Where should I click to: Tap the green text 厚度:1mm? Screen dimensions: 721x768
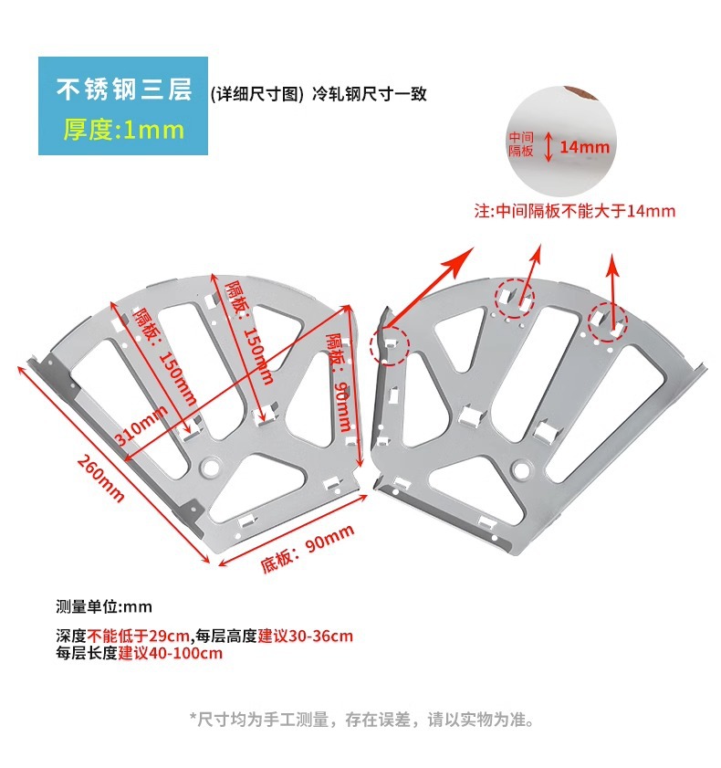123,130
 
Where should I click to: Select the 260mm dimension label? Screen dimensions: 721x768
100,479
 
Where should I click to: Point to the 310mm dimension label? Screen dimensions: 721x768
141,426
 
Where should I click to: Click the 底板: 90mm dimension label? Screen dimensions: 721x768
308,549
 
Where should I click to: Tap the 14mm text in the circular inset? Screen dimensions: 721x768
584,147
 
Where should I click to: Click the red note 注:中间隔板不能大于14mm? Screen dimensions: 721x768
575,211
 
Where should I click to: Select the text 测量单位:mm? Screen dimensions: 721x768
104,607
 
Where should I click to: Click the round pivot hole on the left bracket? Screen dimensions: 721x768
211,467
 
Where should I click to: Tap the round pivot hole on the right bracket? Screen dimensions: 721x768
522,470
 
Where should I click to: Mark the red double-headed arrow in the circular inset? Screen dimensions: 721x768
549,146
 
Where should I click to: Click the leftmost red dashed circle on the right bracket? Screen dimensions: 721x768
389,345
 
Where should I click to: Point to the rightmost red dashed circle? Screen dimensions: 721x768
608,322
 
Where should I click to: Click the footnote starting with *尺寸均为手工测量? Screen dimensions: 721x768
361,720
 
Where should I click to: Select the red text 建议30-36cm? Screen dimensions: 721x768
305,636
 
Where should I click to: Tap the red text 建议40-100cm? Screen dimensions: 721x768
171,653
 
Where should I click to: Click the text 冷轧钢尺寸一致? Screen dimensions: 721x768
369,93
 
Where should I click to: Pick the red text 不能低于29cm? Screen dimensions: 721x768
139,636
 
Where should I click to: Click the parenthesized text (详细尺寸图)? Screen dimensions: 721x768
257,93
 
